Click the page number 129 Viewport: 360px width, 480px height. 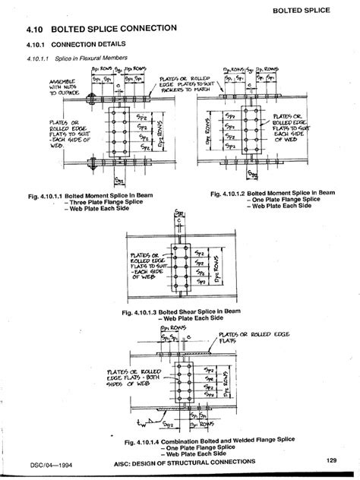tap(332, 459)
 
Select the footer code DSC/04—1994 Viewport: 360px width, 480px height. tap(33, 464)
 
